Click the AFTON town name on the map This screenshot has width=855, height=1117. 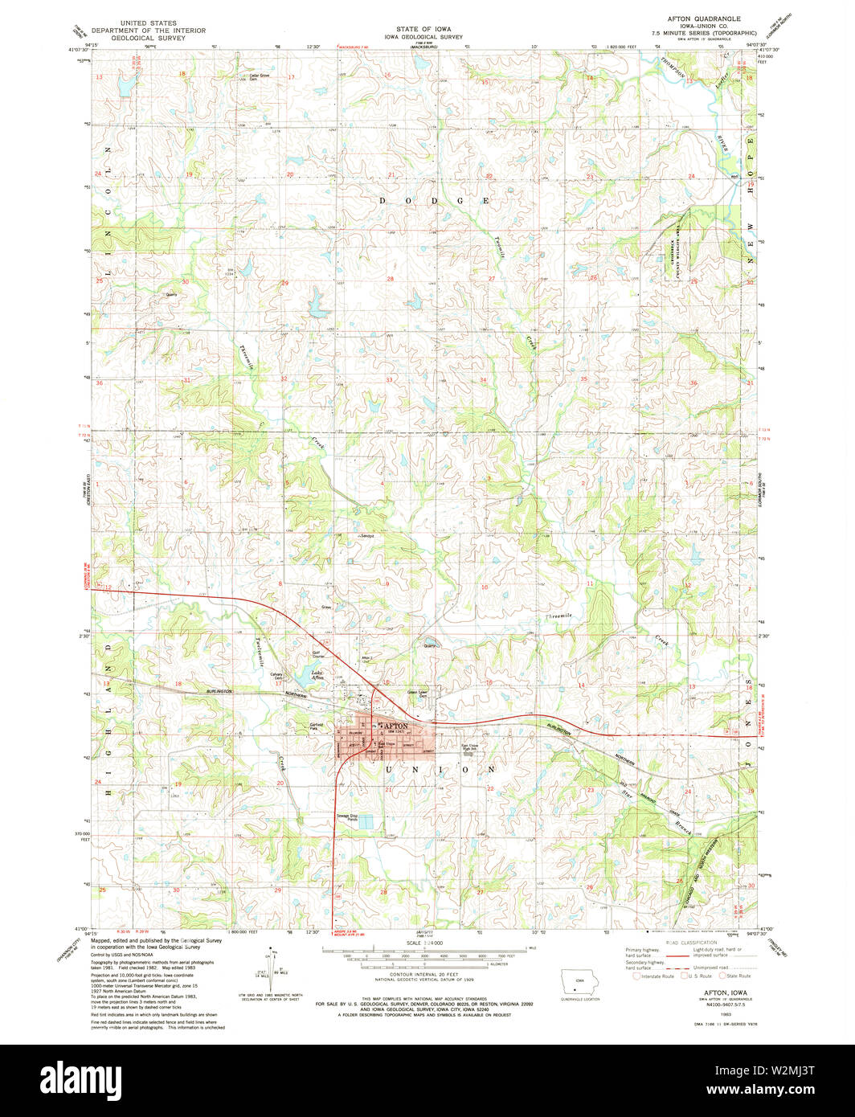point(393,726)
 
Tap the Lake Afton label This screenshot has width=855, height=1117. point(297,675)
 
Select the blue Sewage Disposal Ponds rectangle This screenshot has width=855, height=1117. point(366,821)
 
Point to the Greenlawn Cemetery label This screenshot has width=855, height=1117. point(417,692)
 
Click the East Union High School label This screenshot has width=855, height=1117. point(471,745)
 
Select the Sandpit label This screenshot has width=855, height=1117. point(366,535)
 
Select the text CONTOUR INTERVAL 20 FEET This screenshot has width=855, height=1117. point(427,989)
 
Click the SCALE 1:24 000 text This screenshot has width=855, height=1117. point(427,943)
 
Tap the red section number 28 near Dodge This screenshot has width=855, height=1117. point(391,279)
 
